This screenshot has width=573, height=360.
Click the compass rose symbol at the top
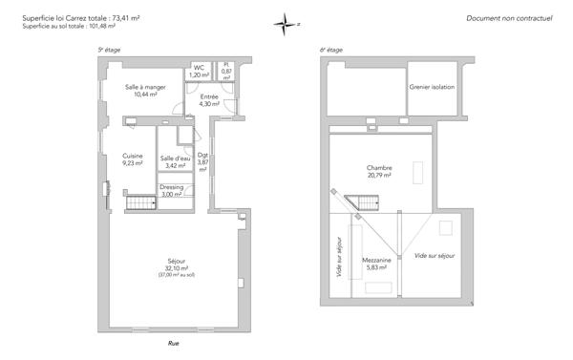[x=286, y=25]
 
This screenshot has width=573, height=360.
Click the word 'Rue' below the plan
[x=174, y=343]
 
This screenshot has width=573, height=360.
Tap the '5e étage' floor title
[x=107, y=49]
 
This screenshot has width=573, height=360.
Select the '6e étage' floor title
[x=330, y=49]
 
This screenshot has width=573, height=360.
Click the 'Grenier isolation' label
[x=432, y=87]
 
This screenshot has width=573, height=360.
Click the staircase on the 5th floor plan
[x=140, y=203]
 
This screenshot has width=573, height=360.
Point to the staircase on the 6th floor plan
[x=365, y=201]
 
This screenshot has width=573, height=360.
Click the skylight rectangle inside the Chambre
[x=418, y=171]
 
